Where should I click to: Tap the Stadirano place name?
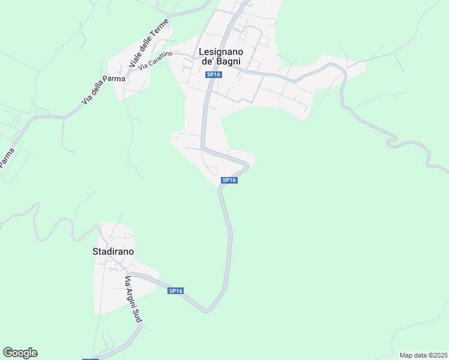[x=113, y=252]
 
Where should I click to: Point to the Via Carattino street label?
[x=155, y=61]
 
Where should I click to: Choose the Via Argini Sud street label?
[x=132, y=301]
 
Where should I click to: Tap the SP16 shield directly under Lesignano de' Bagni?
[x=214, y=74]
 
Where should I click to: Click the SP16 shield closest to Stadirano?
[x=175, y=291]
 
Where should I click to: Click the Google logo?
[x=20, y=353]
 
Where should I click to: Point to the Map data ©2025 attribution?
[x=423, y=355]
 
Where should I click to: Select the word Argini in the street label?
[x=131, y=299]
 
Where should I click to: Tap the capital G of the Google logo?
[x=8, y=353]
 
